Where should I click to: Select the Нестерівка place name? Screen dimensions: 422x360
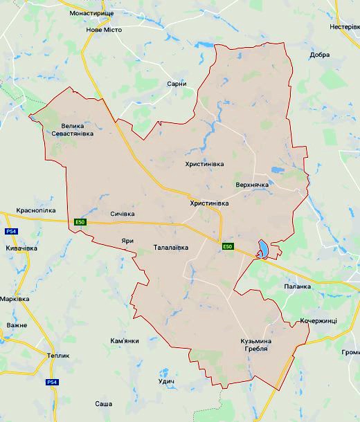(343, 27)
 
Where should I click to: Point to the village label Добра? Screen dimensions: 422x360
(320, 55)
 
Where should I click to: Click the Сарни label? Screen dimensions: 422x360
(177, 84)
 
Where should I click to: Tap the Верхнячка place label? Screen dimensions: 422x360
(251, 185)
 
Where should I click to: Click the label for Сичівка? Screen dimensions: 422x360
(122, 214)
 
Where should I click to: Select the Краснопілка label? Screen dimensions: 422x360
(36, 210)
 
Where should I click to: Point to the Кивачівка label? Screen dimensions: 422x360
(21, 248)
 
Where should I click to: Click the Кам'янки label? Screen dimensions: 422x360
(125, 341)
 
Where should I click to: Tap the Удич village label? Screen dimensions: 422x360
(165, 382)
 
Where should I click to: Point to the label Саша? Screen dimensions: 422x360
(104, 403)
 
